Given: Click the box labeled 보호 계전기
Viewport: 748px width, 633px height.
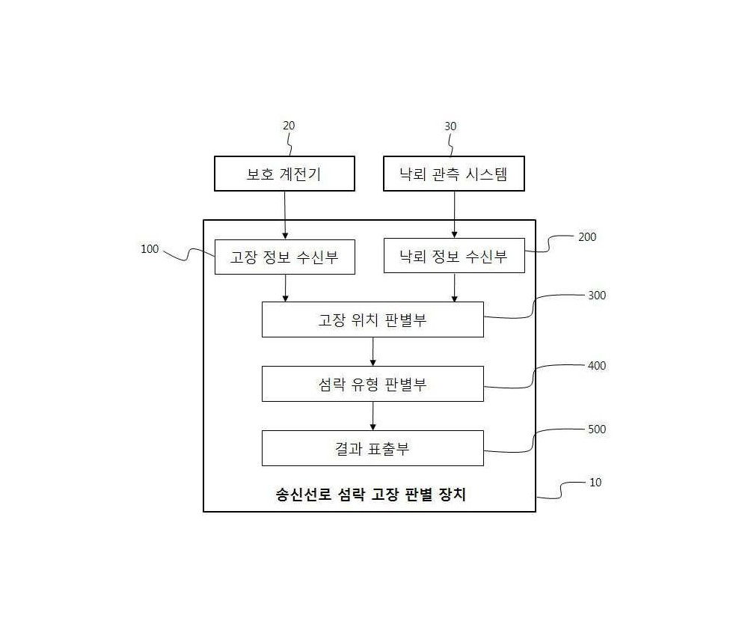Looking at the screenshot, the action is coord(284,174).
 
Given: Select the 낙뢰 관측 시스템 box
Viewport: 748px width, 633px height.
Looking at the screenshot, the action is coord(454,174).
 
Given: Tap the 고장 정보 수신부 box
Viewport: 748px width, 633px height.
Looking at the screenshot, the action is coord(285,257).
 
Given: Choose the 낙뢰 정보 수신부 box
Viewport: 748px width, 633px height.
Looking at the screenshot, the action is coord(454,256).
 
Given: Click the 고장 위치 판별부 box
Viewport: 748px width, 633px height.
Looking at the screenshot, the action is coord(373,319).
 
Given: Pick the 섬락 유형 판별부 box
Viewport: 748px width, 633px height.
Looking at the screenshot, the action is coord(373,384).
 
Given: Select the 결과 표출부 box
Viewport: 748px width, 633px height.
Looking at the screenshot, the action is coord(373,448).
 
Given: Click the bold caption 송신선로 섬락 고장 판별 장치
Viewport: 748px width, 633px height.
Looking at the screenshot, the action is coord(371,494).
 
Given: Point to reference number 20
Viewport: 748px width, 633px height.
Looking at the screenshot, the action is coord(289,126).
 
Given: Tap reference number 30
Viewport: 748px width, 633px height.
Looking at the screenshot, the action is coord(450,126).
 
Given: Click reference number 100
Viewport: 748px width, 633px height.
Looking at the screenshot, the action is coord(150,249).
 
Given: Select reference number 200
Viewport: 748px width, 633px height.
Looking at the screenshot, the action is coord(587,237).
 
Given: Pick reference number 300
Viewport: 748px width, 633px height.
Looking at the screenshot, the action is coord(597,296).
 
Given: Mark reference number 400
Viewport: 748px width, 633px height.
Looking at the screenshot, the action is coord(597,366).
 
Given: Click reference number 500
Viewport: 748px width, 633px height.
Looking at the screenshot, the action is coord(597,429).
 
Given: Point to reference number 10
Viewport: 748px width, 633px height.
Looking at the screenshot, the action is coord(595,483).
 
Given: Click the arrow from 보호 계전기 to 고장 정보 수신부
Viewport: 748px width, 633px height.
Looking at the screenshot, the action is coord(285,215).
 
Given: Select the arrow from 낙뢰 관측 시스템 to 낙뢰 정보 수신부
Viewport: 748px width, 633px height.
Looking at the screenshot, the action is coord(454,215).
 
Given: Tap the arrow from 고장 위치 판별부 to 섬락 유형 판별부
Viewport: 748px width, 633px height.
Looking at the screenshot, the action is coord(373,352).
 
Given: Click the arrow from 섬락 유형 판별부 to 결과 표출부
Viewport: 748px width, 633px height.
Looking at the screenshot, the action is coord(373,416).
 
